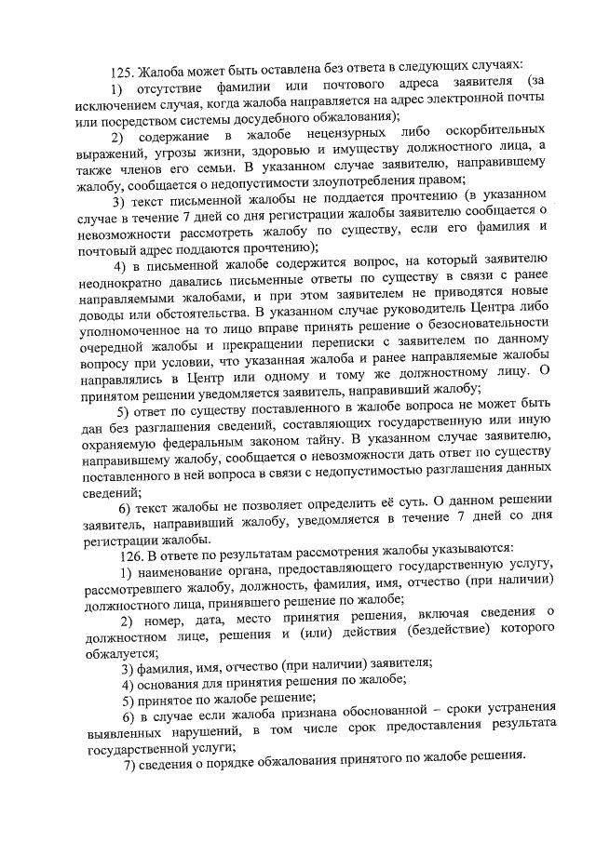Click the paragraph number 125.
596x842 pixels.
point(122,71)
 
